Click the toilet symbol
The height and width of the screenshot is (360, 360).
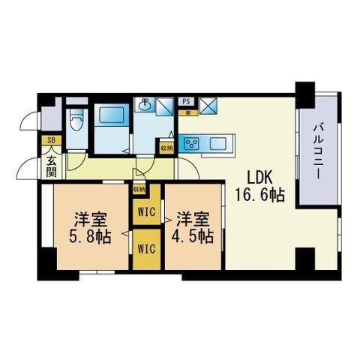[x=74, y=121]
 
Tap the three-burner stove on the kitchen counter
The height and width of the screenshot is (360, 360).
[x=190, y=142]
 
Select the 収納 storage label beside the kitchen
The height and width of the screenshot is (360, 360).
[x=166, y=148]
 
